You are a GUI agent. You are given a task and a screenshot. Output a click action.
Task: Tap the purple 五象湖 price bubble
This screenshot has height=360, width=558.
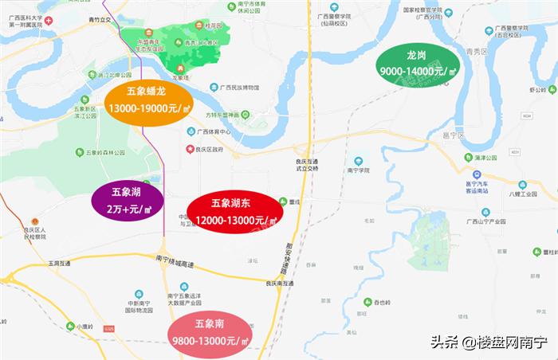pyautogui.click(x=128, y=201)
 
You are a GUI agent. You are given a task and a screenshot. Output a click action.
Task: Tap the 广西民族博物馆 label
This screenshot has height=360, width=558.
pyautogui.click(x=240, y=87)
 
